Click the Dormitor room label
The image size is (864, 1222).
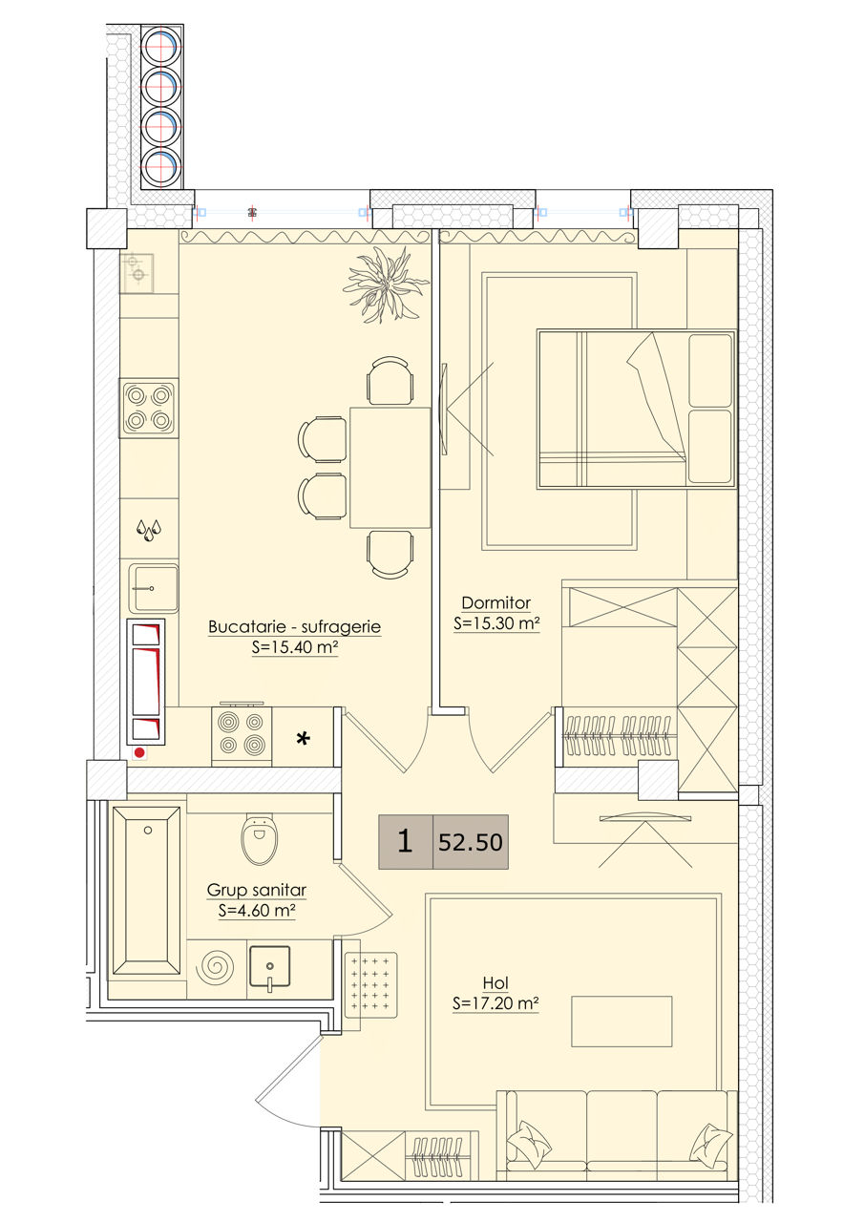coord(495,602)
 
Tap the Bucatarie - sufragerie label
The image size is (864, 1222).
coord(295,626)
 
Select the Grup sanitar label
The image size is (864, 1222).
coord(257,891)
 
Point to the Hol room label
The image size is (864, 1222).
coord(495,983)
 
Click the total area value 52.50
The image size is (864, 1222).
coord(470,842)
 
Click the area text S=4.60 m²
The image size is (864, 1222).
coord(257,911)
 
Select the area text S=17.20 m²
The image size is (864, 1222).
coord(495,1003)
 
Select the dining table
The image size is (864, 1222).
coord(390,468)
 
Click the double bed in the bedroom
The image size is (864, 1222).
coord(636,409)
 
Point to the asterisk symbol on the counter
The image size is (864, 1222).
coord(304,739)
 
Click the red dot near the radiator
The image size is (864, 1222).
coord(139,753)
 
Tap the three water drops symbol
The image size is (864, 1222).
coord(149,530)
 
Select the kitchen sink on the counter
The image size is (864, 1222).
coord(154,589)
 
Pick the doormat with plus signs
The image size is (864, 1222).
coord(371,985)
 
